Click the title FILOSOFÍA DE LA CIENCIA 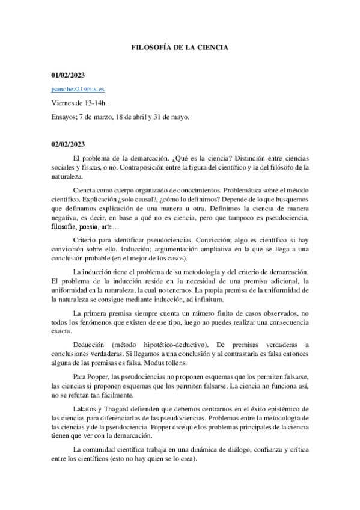click(180, 46)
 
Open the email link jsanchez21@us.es click(78, 88)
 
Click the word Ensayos click(64, 117)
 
